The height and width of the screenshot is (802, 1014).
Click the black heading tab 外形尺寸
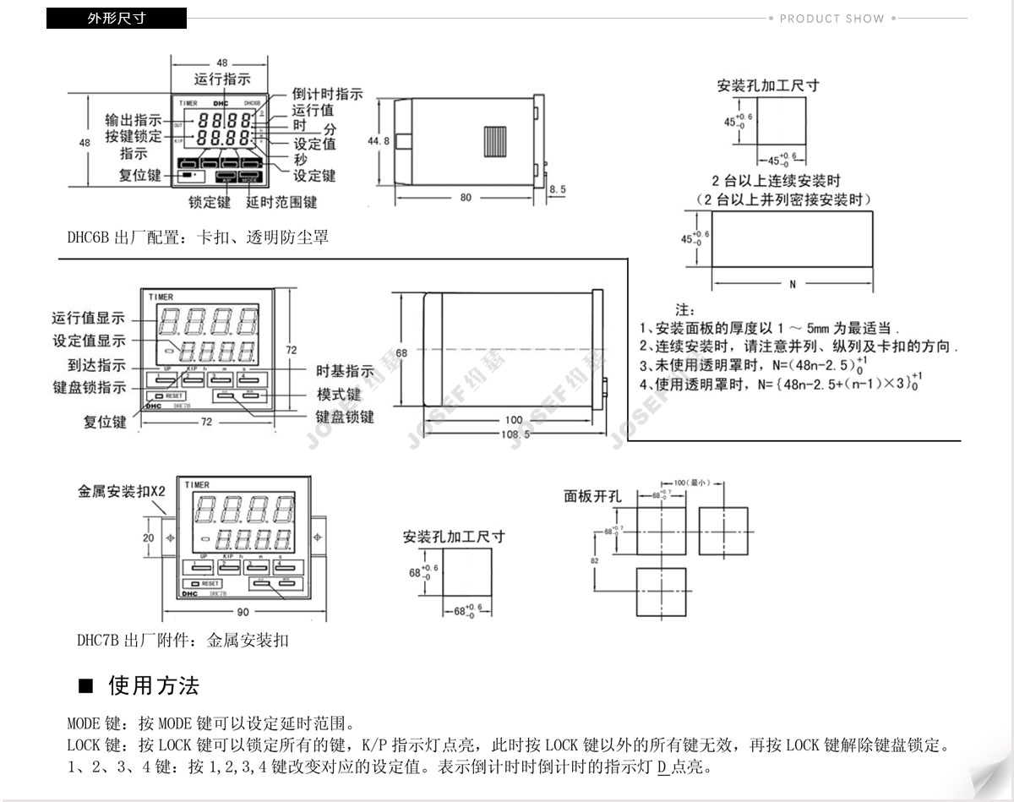116,19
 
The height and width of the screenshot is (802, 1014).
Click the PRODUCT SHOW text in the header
831,19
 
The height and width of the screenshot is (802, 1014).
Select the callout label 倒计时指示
327,94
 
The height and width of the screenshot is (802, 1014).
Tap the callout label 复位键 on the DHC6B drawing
139,176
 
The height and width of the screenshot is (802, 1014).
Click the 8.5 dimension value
558,190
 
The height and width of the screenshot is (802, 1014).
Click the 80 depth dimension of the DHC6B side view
466,199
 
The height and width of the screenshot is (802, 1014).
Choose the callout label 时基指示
345,371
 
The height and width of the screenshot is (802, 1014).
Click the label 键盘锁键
345,417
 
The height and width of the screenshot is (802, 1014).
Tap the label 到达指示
97,365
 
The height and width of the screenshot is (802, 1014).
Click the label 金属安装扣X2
122,491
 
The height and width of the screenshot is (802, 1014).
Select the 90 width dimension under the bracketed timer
243,612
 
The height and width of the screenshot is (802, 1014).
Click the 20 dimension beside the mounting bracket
149,537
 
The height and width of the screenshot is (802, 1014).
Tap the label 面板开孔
592,496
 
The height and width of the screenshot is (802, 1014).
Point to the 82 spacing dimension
594,559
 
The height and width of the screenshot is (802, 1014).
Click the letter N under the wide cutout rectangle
793,285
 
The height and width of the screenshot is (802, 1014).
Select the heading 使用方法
153,685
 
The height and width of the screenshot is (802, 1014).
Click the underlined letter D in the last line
662,768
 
